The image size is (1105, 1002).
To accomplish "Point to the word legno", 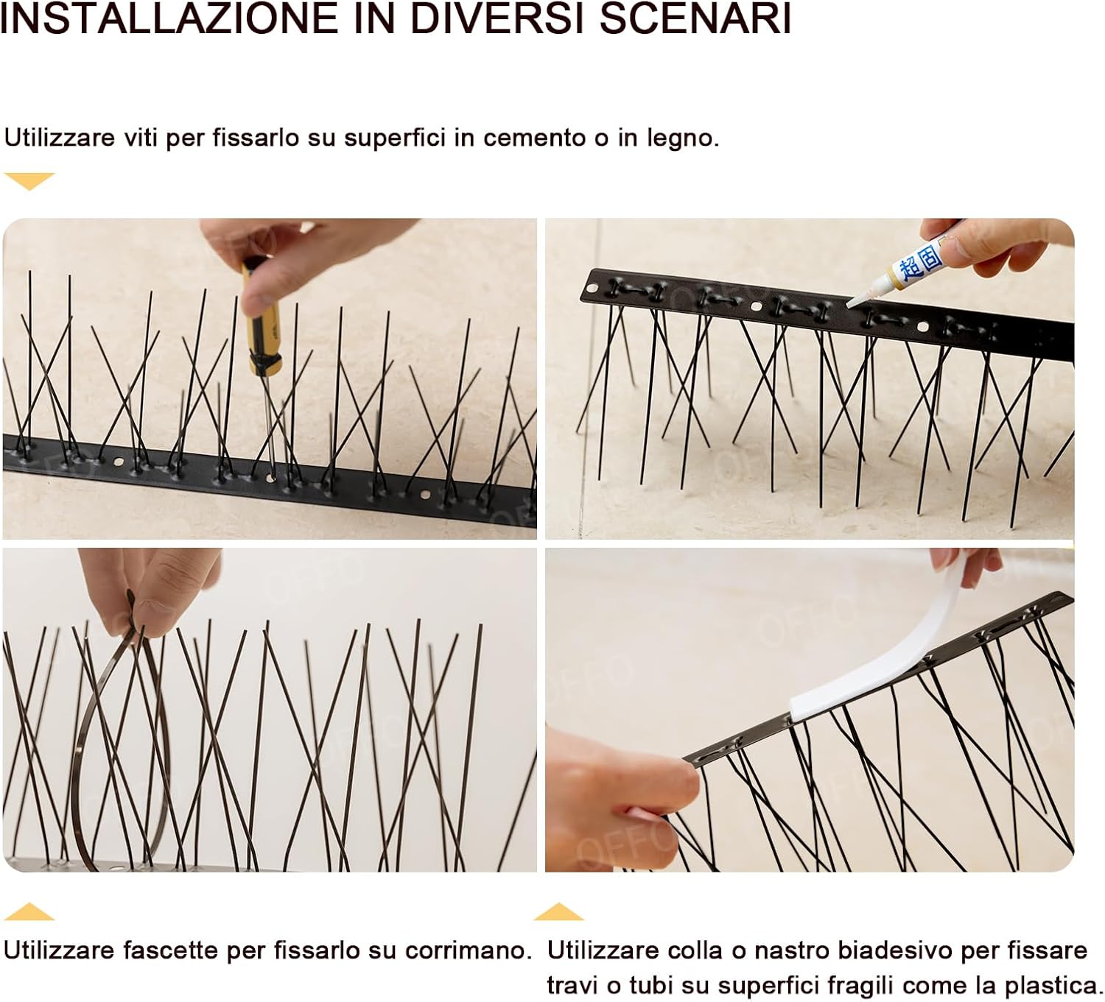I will pyautogui.click(x=681, y=139).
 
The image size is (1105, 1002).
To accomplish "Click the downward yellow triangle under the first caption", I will pyautogui.click(x=29, y=180).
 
